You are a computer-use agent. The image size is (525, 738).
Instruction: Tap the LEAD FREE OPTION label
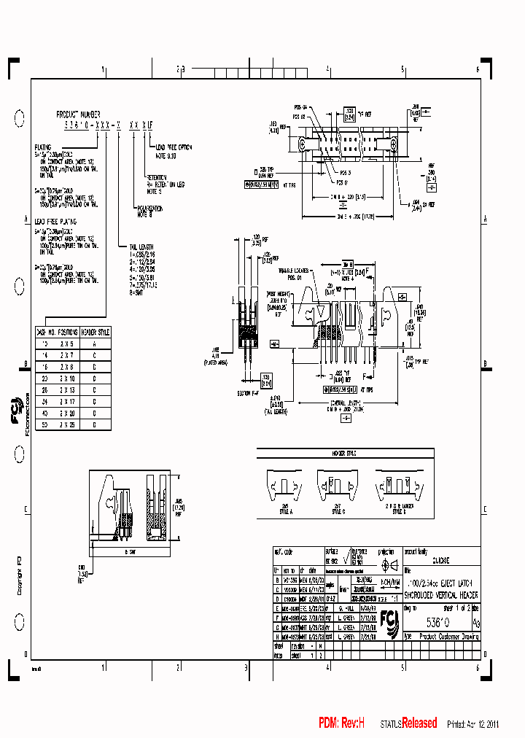pos(173,147)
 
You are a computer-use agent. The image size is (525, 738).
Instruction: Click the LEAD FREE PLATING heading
pos(55,222)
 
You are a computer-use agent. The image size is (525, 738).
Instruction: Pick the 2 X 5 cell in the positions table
pos(66,341)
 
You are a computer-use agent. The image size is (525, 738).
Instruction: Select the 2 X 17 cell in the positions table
pos(66,401)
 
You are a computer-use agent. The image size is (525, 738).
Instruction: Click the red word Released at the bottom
pos(419,723)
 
